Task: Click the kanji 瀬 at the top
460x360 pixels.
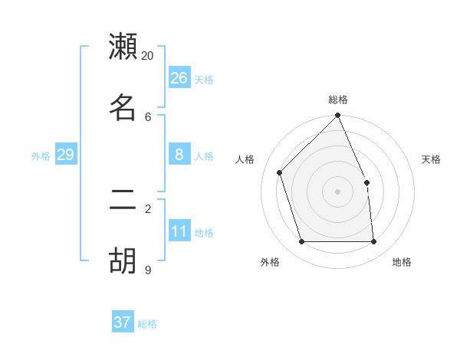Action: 123,47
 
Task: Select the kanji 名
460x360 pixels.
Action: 123,107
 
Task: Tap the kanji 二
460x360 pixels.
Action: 123,200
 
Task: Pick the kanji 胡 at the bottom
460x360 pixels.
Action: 123,260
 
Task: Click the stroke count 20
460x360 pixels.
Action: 148,56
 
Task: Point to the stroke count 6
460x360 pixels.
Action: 148,116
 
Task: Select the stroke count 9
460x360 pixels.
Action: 148,270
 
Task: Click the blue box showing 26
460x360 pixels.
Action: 179,78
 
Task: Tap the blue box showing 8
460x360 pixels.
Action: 179,155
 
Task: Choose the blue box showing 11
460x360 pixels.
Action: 179,231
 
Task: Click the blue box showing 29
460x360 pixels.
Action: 65,155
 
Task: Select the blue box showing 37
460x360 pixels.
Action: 123,322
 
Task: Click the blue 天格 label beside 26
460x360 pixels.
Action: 204,80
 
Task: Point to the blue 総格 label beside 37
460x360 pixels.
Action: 147,324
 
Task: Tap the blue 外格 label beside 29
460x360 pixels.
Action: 41,156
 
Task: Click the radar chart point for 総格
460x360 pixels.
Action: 337,116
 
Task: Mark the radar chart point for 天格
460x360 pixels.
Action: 366,182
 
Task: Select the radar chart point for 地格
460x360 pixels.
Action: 373,242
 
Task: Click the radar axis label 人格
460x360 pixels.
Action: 245,159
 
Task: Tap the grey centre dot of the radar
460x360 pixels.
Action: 337,191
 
